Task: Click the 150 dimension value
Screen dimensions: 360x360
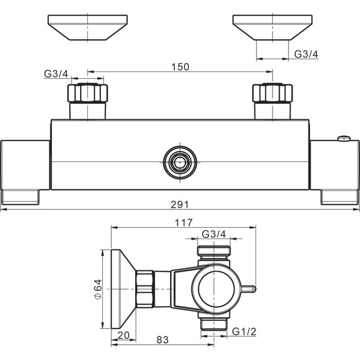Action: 181,67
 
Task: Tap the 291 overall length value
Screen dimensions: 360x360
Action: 179,204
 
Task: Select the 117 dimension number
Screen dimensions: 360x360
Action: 184,223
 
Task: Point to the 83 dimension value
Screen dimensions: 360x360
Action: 163,340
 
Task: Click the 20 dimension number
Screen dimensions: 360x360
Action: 123,335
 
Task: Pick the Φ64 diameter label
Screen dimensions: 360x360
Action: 98,289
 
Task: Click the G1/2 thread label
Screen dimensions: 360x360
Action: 244,332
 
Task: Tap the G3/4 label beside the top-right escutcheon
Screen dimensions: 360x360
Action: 307,54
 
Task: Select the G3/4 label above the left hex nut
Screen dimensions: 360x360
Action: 56,74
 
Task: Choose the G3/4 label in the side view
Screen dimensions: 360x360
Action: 214,234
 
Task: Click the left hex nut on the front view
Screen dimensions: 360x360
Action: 87,93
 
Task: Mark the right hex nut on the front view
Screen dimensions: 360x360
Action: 272,93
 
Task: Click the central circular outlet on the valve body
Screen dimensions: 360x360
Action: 180,163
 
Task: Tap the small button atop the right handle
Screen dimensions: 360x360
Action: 344,138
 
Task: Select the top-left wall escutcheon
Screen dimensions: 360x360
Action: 87,28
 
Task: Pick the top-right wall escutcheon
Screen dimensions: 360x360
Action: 272,28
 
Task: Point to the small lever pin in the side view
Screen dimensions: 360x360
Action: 248,289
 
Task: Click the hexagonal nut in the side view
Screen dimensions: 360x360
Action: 145,289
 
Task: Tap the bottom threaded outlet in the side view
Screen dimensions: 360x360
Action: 214,324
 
